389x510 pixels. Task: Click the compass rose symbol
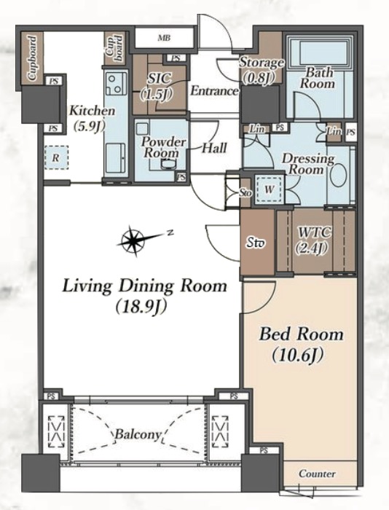point(133,240)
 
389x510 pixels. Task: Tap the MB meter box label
point(164,38)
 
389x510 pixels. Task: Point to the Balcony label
point(138,434)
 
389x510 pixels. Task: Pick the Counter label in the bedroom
point(317,474)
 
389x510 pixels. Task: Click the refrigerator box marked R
point(56,158)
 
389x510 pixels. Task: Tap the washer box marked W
point(269,189)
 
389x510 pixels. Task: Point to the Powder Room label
point(164,147)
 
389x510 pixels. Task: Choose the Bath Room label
point(317,78)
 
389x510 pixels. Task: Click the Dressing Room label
point(307,164)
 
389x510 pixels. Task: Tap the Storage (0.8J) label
point(262,70)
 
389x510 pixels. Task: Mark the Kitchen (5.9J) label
point(91,118)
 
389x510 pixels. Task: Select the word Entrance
point(214,91)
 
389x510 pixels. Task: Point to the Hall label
point(214,148)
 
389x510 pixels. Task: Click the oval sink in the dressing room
point(338,176)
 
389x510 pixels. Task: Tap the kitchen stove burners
point(116,84)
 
